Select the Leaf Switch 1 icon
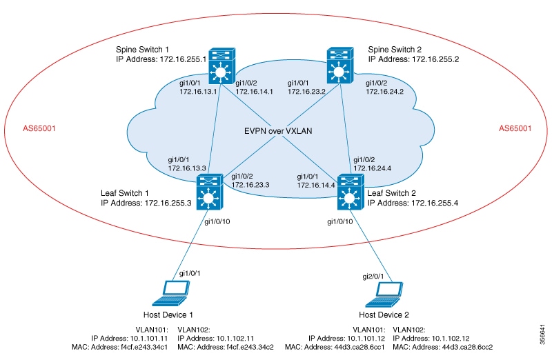coord(207,192)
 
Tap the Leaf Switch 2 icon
coord(349,192)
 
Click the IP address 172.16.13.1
coord(198,91)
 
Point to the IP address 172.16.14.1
coord(255,91)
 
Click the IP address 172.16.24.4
coord(373,168)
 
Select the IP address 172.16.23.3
coord(250,185)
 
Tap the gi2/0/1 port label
coord(375,275)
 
